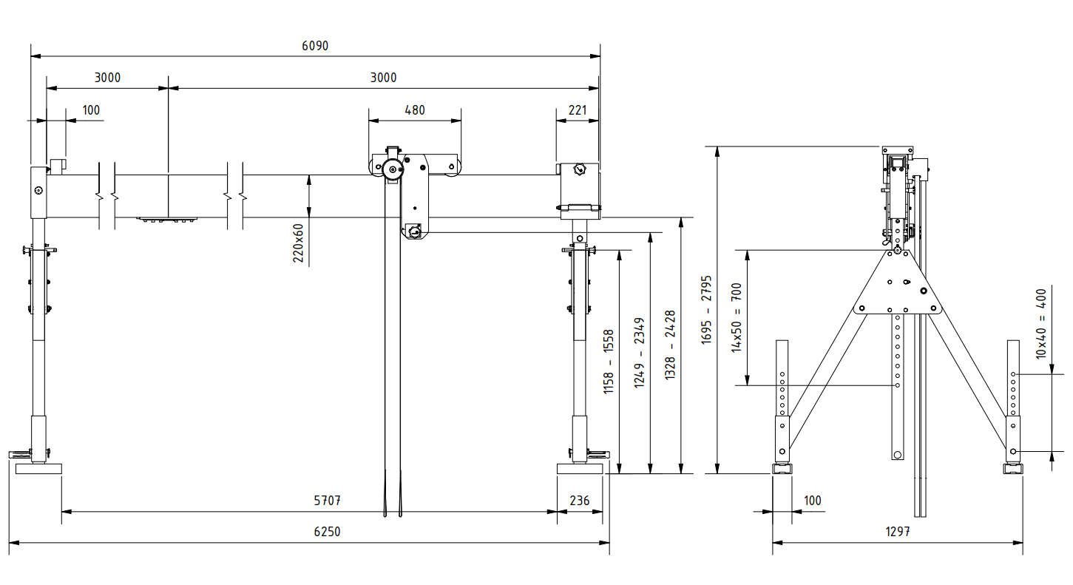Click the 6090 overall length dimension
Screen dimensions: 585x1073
click(315, 46)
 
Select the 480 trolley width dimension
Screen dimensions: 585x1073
click(415, 110)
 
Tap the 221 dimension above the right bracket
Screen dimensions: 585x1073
click(578, 110)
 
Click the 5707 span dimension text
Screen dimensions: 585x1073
click(327, 501)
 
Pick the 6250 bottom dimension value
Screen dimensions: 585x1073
click(327, 532)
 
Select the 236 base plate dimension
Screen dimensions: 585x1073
click(580, 501)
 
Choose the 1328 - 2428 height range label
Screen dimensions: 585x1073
click(670, 345)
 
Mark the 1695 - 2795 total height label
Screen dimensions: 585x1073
click(706, 309)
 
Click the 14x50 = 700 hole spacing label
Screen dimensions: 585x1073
click(737, 317)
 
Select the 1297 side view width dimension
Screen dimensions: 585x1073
click(898, 532)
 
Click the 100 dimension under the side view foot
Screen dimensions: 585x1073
click(812, 501)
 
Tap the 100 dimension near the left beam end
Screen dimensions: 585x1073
click(90, 110)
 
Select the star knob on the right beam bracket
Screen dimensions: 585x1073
click(578, 172)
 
